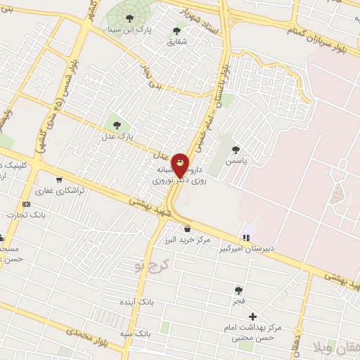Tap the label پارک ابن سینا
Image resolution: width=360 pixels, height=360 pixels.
pos(131,30)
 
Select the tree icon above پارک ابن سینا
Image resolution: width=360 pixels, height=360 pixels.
pos(128,18)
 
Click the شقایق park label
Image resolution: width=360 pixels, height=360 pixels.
pos(177,42)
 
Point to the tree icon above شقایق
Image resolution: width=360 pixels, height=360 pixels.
pos(176,31)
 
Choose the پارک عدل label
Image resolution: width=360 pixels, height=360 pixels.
pos(116,136)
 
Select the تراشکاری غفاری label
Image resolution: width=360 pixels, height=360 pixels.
pos(60,191)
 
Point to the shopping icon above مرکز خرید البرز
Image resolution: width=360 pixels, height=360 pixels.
pos(187,229)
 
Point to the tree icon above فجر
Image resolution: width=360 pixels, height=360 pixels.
pos(238,288)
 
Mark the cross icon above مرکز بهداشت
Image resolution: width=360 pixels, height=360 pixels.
pos(252,316)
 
